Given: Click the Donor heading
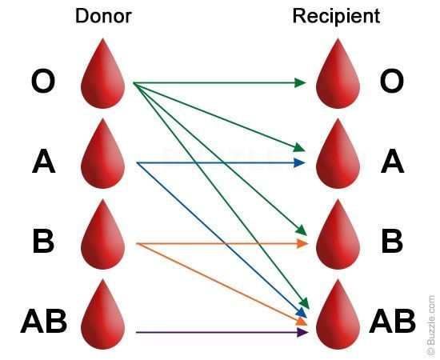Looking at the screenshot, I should (103, 16).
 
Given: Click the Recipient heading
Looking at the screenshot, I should (336, 16).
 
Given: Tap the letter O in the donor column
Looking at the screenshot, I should (43, 82).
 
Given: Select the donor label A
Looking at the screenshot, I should (43, 162).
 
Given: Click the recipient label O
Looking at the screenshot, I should (392, 82).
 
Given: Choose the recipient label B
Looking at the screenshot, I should (392, 242).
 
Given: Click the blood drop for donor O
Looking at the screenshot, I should (103, 76).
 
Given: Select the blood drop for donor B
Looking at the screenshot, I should (103, 236).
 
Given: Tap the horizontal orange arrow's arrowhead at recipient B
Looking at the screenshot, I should (302, 243).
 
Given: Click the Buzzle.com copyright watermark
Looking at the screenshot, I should (431, 325).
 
